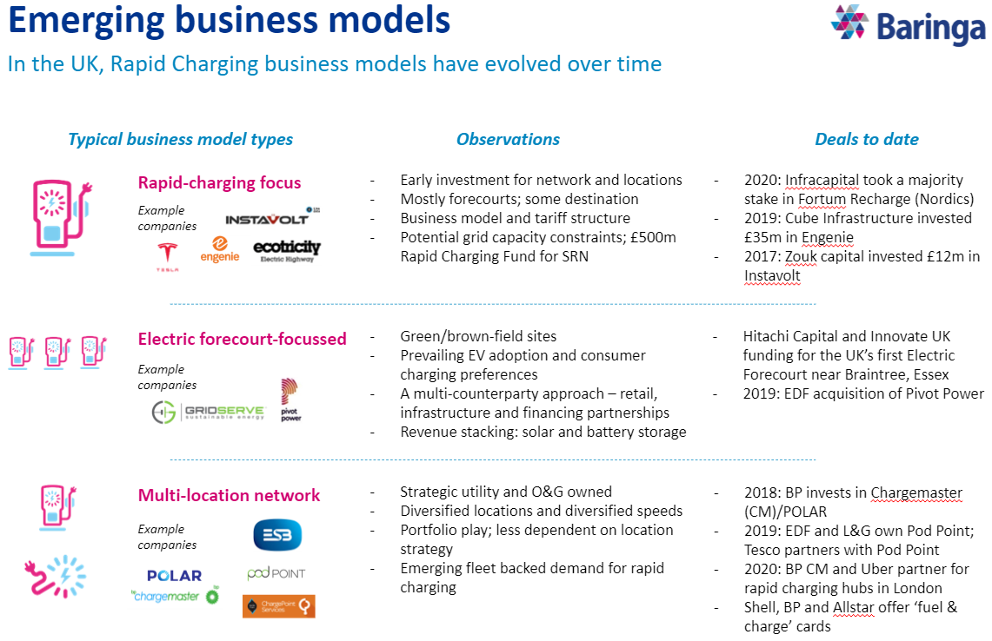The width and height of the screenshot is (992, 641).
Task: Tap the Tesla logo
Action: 164,255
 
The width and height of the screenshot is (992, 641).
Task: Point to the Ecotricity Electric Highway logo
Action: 287,251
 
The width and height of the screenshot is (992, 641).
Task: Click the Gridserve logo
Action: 209,412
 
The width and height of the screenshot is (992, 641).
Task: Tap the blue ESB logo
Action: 277,535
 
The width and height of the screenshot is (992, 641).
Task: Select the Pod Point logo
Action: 276,573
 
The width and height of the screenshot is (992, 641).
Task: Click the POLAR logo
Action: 174,575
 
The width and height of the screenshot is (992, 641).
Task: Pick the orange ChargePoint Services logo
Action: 278,605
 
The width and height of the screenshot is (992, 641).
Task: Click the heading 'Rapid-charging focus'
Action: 219,182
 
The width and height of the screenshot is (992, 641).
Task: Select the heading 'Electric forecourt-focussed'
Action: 242,339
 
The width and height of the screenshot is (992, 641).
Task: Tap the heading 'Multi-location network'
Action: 229,495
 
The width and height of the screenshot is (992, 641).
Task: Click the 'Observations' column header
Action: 508,139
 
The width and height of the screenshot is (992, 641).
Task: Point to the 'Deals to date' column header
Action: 866,139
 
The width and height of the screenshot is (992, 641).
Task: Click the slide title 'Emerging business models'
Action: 230,21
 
